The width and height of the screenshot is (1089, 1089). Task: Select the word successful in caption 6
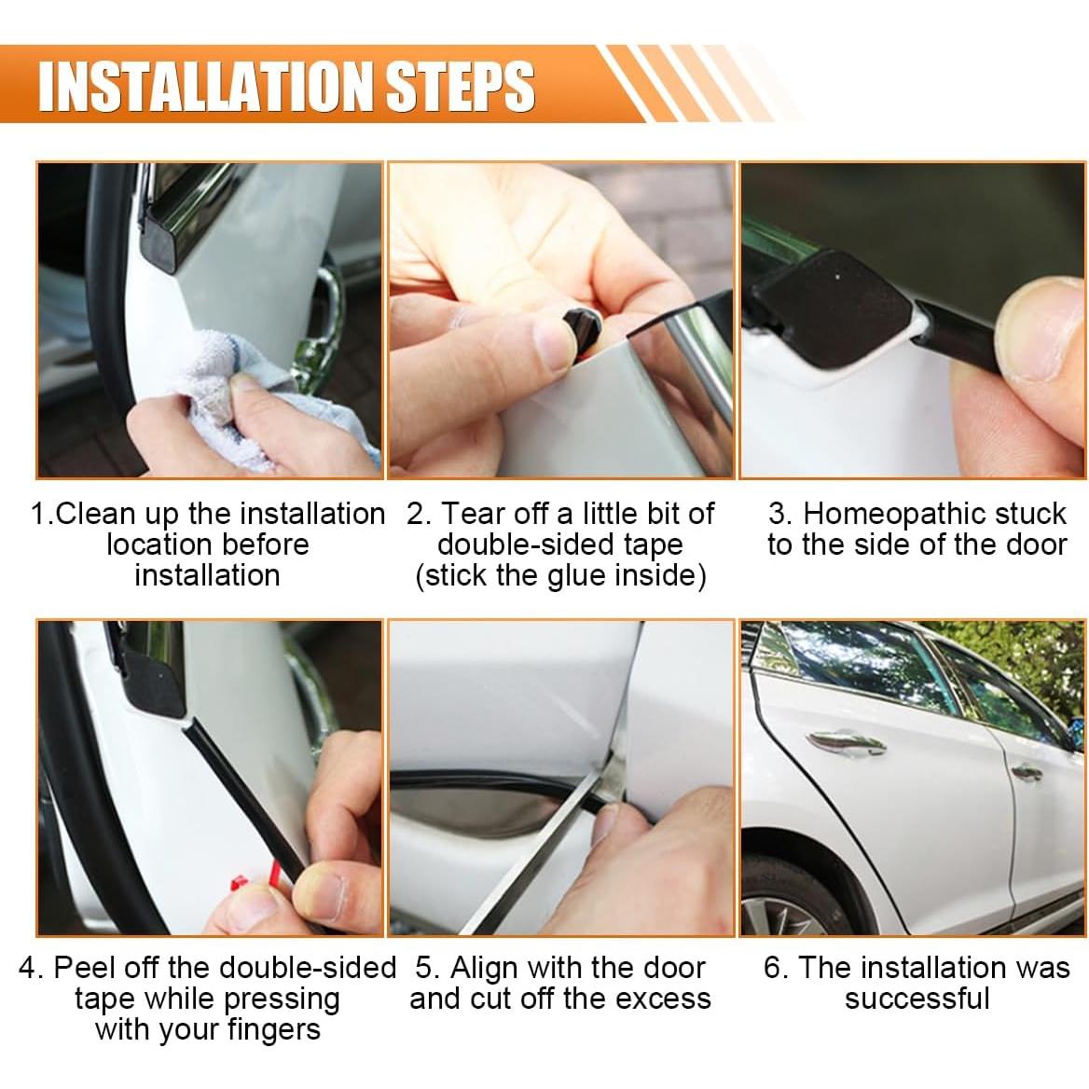tap(917, 999)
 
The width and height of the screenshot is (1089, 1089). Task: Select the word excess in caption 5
tap(665, 999)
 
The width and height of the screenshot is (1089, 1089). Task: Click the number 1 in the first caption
tap(37, 514)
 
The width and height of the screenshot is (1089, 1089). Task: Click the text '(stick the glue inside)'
tap(560, 575)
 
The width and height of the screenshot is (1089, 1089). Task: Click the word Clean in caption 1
tap(92, 514)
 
